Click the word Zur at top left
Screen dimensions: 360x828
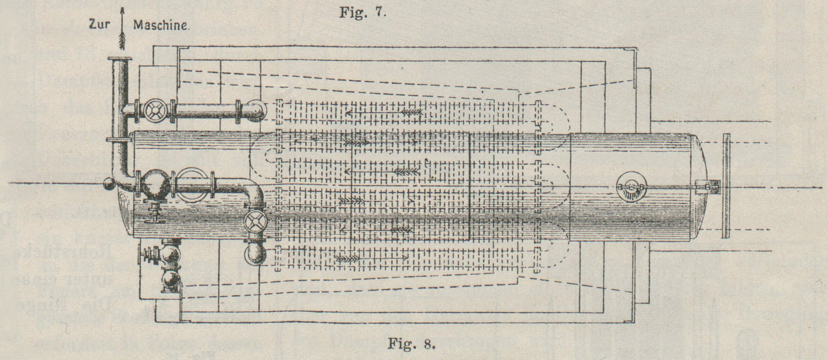(100, 25)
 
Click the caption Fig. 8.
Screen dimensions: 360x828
(411, 345)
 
